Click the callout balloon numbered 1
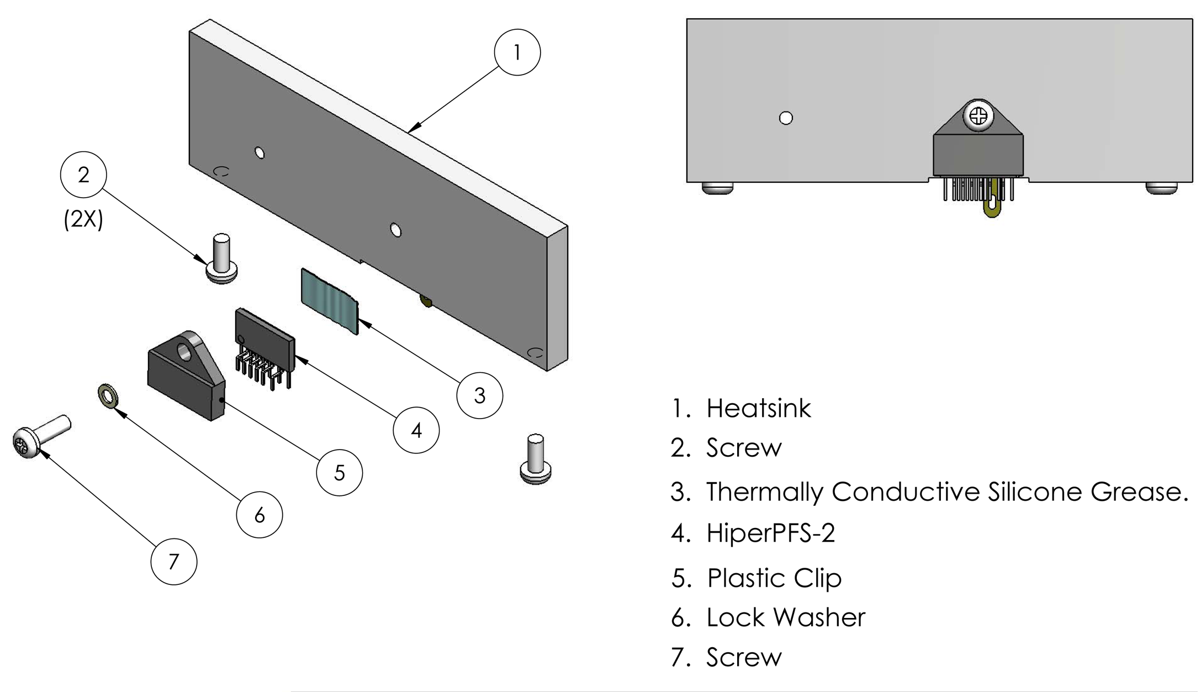coord(517,52)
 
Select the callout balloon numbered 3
coord(479,395)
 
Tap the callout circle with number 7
coord(173,562)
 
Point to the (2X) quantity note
coord(83,219)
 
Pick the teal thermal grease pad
coord(329,300)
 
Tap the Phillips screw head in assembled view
coord(978,116)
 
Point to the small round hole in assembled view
coord(786,118)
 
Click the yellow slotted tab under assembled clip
coord(992,204)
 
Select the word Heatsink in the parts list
coord(758,409)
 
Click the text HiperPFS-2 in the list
coord(770,533)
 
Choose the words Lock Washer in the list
coord(785,617)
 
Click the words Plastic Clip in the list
coord(774,578)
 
